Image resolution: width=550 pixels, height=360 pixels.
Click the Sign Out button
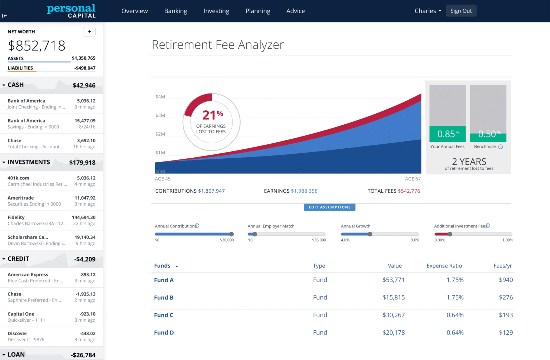[x=461, y=11]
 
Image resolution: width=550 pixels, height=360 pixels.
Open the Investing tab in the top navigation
[x=216, y=11]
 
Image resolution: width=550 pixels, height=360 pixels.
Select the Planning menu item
[x=258, y=11]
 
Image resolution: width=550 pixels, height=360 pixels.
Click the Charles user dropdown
[x=428, y=11]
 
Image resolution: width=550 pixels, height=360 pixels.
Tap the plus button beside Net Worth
[x=90, y=32]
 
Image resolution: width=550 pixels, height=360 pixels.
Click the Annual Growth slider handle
[x=370, y=234]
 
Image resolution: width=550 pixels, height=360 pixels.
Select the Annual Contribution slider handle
[x=231, y=234]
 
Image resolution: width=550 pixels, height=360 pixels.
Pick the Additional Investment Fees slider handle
[x=450, y=234]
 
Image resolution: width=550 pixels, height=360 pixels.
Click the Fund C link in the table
[x=164, y=315]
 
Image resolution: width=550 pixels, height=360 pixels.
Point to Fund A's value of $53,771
[x=393, y=280]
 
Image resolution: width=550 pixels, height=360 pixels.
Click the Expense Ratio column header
[x=444, y=266]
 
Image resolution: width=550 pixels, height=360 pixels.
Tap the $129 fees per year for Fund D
[x=506, y=333]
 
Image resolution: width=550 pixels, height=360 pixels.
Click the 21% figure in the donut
[x=212, y=115]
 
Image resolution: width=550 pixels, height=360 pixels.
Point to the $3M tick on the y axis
[x=160, y=115]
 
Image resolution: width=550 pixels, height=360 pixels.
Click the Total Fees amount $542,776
[x=409, y=191]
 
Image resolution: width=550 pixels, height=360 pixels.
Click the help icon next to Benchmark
[x=501, y=147]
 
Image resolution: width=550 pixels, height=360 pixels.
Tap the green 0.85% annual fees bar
[x=448, y=134]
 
